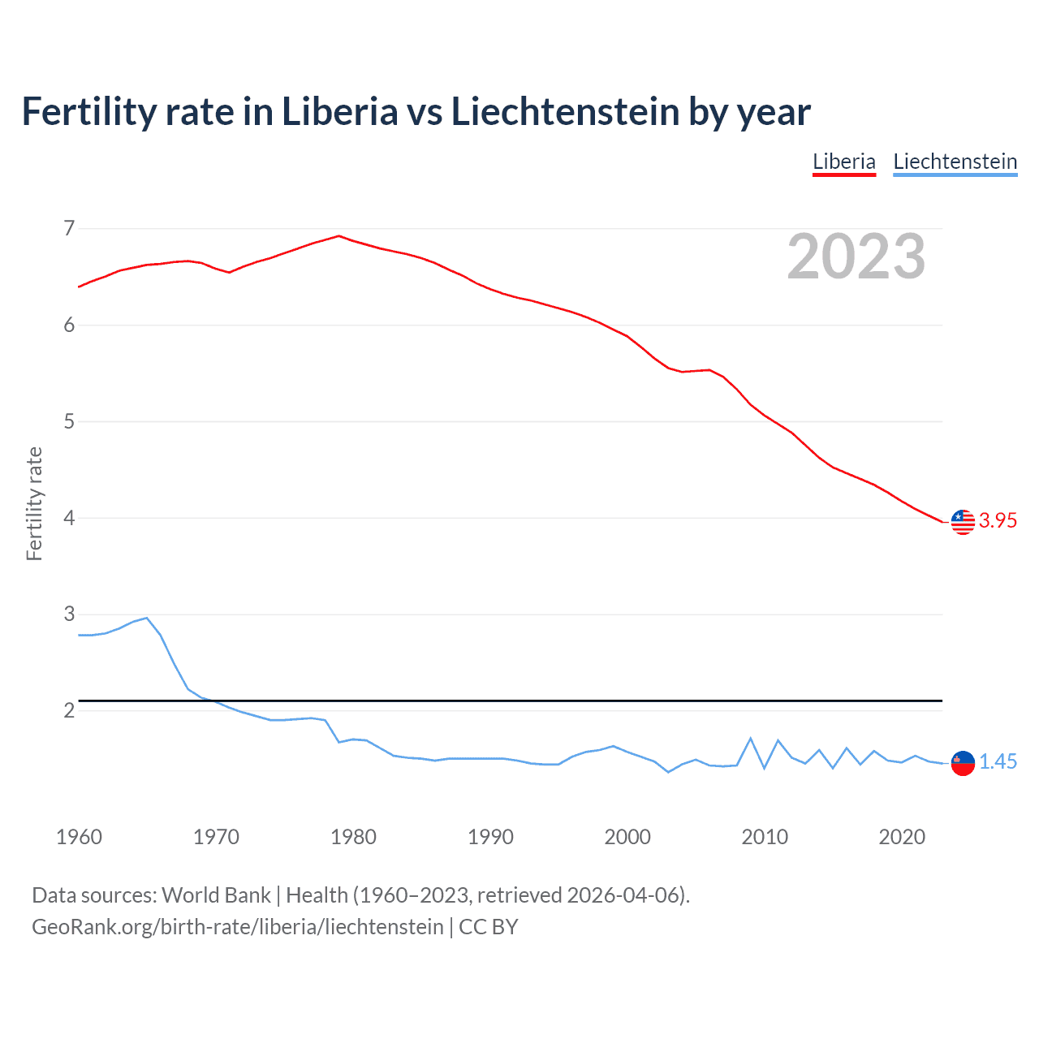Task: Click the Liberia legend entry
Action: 844,162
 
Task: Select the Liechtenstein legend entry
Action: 955,162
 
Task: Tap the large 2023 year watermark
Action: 856,257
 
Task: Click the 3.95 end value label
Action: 998,521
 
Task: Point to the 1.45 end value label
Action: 998,762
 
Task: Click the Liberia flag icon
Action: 963,522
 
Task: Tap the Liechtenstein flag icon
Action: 963,763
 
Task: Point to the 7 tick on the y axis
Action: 69,228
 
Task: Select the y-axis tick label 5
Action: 69,421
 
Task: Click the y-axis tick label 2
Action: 69,711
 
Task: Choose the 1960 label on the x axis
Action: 79,837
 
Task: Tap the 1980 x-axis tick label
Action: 353,837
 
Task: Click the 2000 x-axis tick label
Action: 627,837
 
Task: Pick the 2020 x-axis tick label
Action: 902,837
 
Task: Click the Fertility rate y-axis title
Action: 34,503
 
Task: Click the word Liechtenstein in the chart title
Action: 565,112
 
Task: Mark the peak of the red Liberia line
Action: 339,236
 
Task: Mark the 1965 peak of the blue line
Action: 147,618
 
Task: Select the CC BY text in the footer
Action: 488,927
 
